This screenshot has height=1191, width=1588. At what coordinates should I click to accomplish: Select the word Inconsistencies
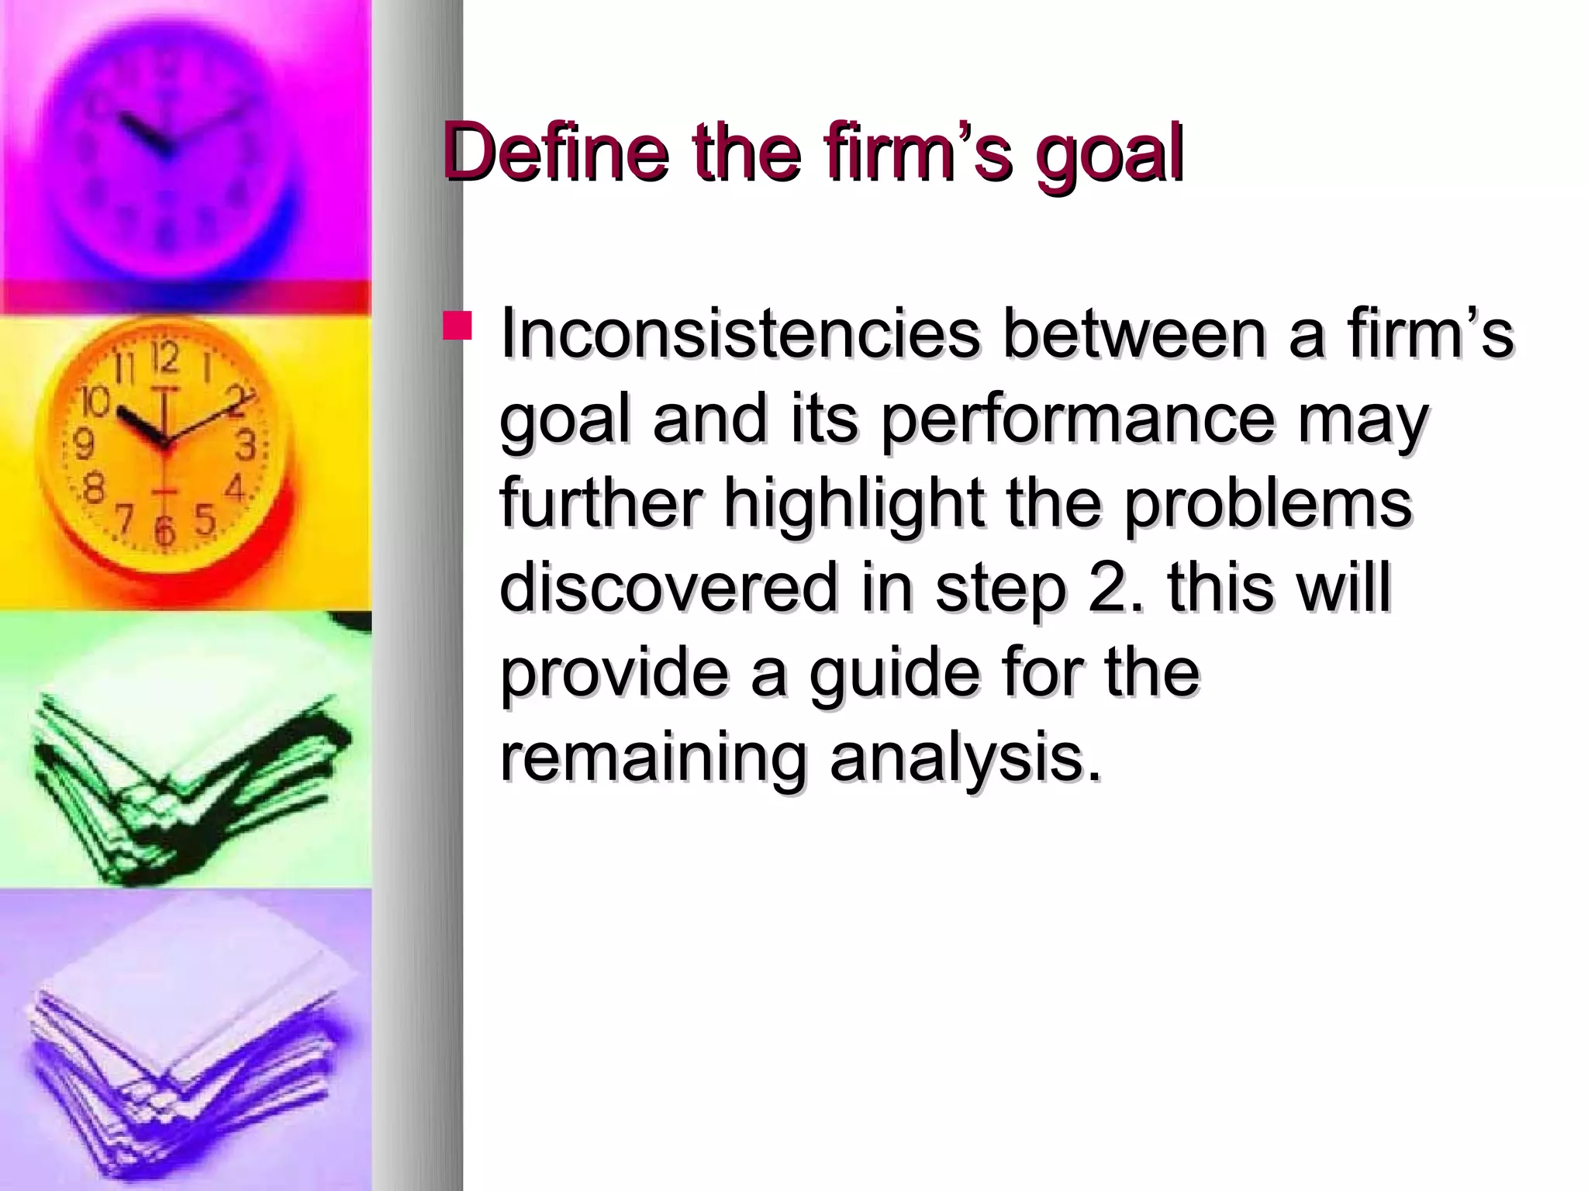[740, 334]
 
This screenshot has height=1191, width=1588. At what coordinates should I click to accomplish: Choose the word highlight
[854, 504]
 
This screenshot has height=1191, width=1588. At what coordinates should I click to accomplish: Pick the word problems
[1267, 504]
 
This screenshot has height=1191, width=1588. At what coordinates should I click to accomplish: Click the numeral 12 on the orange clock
[164, 357]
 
